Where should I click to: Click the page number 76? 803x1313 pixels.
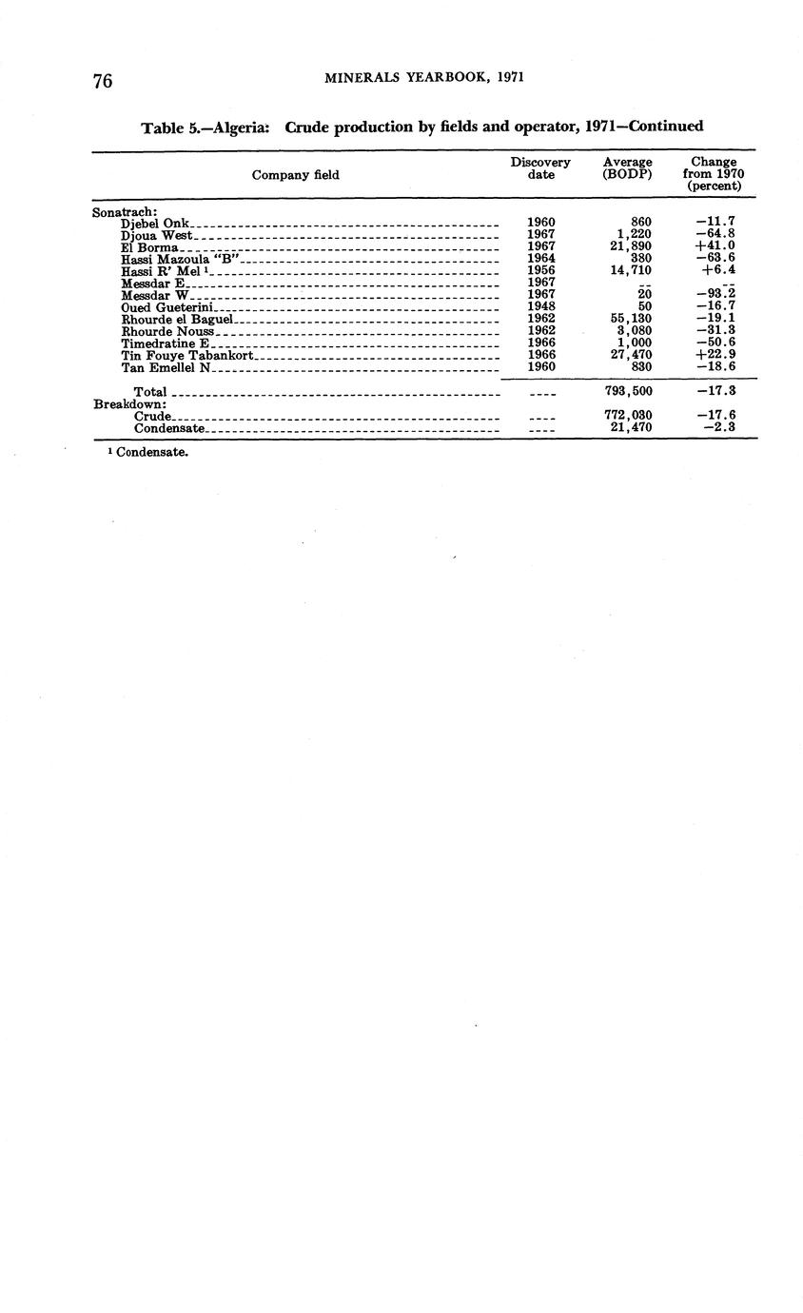coord(103,81)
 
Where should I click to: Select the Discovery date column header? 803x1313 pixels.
coord(540,168)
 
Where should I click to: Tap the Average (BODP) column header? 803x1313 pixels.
coord(627,168)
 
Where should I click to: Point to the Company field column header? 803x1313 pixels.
coord(295,175)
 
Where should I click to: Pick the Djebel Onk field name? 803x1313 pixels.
coord(156,224)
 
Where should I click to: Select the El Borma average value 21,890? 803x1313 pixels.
coord(631,246)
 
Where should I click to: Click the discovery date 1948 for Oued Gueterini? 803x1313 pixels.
coord(541,307)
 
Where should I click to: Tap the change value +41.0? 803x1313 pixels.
coord(715,246)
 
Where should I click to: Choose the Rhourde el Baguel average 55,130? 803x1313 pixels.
coord(631,319)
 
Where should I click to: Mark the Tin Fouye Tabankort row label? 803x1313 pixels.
coord(186,355)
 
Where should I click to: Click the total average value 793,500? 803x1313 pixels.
coord(628,391)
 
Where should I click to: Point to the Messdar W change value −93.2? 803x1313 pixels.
coord(715,295)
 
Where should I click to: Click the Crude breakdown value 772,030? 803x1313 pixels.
coord(628,416)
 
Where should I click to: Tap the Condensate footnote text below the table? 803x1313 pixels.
coord(151,453)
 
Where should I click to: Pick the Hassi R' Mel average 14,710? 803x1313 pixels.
coord(631,270)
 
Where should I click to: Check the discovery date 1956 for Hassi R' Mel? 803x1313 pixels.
coord(541,270)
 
